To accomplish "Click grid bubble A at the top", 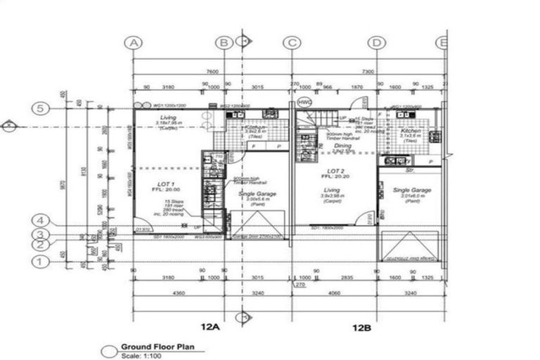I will (134, 43).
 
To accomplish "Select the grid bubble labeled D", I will (378, 43).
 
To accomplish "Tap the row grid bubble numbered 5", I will (41, 108).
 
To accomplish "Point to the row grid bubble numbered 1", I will (41, 262).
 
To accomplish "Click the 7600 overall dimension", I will (212, 72).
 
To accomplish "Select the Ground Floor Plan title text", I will (162, 347).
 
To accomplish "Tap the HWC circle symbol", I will (304, 102).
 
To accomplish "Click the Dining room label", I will (342, 146).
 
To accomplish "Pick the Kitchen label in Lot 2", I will (411, 131).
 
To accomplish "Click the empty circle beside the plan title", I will (108, 352).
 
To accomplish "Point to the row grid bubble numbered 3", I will (41, 235).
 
